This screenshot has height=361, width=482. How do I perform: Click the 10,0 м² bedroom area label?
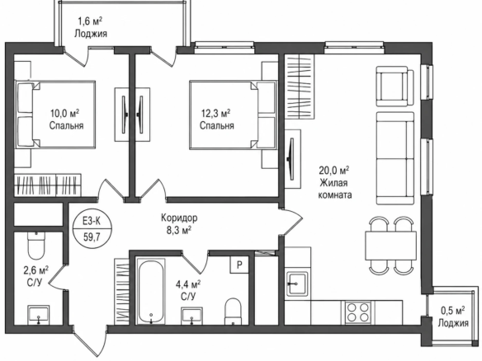pyautogui.click(x=64, y=114)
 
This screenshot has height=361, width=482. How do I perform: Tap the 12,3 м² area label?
pyautogui.click(x=215, y=114)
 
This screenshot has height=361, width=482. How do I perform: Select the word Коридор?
pyautogui.click(x=179, y=218)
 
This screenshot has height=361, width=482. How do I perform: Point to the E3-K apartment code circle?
pyautogui.click(x=92, y=228)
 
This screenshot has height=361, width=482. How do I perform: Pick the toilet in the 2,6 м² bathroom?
pyautogui.click(x=36, y=246)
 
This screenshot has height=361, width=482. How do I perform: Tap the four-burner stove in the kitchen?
pyautogui.click(x=357, y=312)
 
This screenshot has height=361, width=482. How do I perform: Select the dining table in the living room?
pyautogui.click(x=390, y=246)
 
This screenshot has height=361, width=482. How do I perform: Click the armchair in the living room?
pyautogui.click(x=395, y=87)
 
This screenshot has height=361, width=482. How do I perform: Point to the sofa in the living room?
pyautogui.click(x=395, y=158)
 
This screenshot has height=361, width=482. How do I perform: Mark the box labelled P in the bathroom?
pyautogui.click(x=240, y=265)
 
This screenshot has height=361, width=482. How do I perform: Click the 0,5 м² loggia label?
pyautogui.click(x=453, y=317)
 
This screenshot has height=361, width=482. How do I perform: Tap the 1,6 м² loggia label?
pyautogui.click(x=91, y=27)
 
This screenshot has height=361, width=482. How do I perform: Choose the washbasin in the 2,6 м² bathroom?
pyautogui.click(x=39, y=315)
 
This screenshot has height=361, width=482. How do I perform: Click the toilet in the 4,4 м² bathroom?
pyautogui.click(x=233, y=311)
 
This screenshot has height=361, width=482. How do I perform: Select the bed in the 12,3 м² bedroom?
pyautogui.click(x=233, y=115)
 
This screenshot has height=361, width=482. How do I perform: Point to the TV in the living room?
pyautogui.click(x=291, y=158)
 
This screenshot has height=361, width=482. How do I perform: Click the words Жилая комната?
pyautogui.click(x=335, y=189)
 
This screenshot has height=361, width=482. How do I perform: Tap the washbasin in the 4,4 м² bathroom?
pyautogui.click(x=191, y=316)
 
